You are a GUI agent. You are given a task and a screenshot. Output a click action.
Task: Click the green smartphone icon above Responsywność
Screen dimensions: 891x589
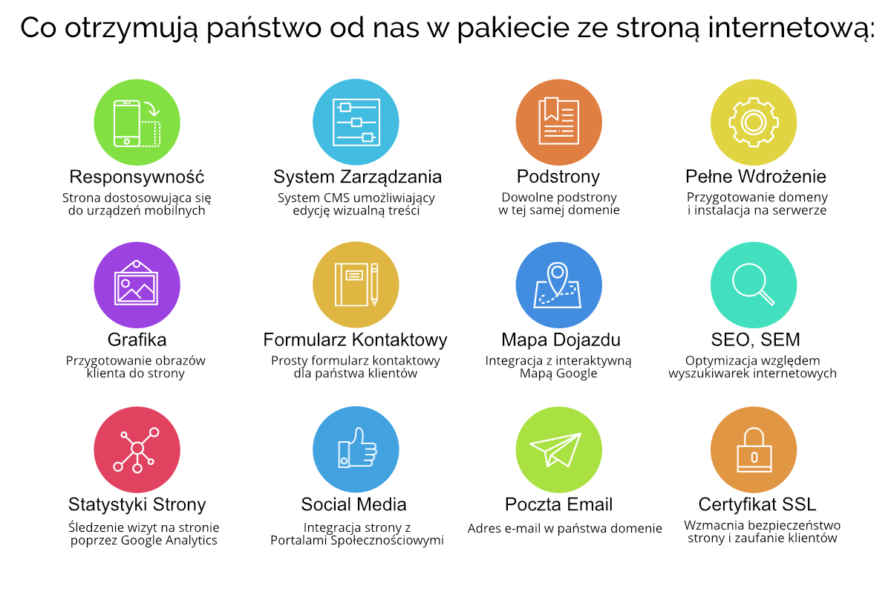pos(137,122)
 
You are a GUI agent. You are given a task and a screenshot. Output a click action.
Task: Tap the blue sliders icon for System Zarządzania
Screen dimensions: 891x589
pos(356,122)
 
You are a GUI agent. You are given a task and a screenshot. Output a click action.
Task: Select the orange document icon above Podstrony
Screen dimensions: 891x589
pos(559,122)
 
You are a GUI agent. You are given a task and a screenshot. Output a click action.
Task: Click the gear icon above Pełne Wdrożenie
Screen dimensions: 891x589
pos(754,122)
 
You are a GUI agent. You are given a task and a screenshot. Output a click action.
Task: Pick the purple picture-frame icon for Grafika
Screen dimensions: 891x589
pos(137,285)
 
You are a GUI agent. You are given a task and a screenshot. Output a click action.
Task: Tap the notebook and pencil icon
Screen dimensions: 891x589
pos(356,285)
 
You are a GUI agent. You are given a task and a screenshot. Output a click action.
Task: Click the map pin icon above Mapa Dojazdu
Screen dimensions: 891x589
pos(559,285)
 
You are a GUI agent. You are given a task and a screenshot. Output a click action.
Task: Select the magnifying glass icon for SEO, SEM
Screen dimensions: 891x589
pos(754,285)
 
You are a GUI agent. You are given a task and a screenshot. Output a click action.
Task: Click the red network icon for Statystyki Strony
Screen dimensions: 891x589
pos(137,449)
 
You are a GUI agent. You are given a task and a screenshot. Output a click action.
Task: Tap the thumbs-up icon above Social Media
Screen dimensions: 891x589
pos(356,449)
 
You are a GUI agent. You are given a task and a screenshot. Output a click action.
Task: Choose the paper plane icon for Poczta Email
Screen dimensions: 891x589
pos(559,449)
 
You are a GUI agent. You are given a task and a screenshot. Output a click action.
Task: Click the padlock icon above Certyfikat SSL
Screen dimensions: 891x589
pos(754,449)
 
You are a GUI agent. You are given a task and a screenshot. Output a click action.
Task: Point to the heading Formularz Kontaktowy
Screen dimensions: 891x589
pos(355,340)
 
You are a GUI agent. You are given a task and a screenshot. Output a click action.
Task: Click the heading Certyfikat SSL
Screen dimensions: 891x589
pos(757,504)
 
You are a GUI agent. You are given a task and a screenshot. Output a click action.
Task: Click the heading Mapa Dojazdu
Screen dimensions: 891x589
pos(561,340)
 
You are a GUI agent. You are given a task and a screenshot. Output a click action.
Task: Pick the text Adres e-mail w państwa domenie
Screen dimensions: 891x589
pos(565,529)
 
